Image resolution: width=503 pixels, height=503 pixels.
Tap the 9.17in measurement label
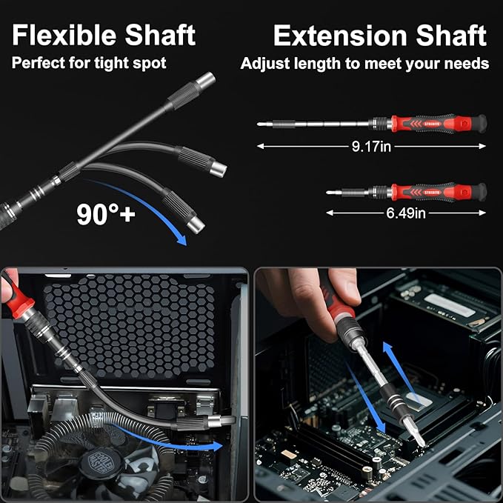point(371,147)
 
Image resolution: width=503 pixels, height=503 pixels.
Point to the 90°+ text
point(106,214)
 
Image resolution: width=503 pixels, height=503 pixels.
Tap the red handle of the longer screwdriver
point(437,123)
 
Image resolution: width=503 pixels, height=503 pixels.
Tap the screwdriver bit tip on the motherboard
point(420,442)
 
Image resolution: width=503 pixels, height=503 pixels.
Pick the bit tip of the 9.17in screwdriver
point(260,124)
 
